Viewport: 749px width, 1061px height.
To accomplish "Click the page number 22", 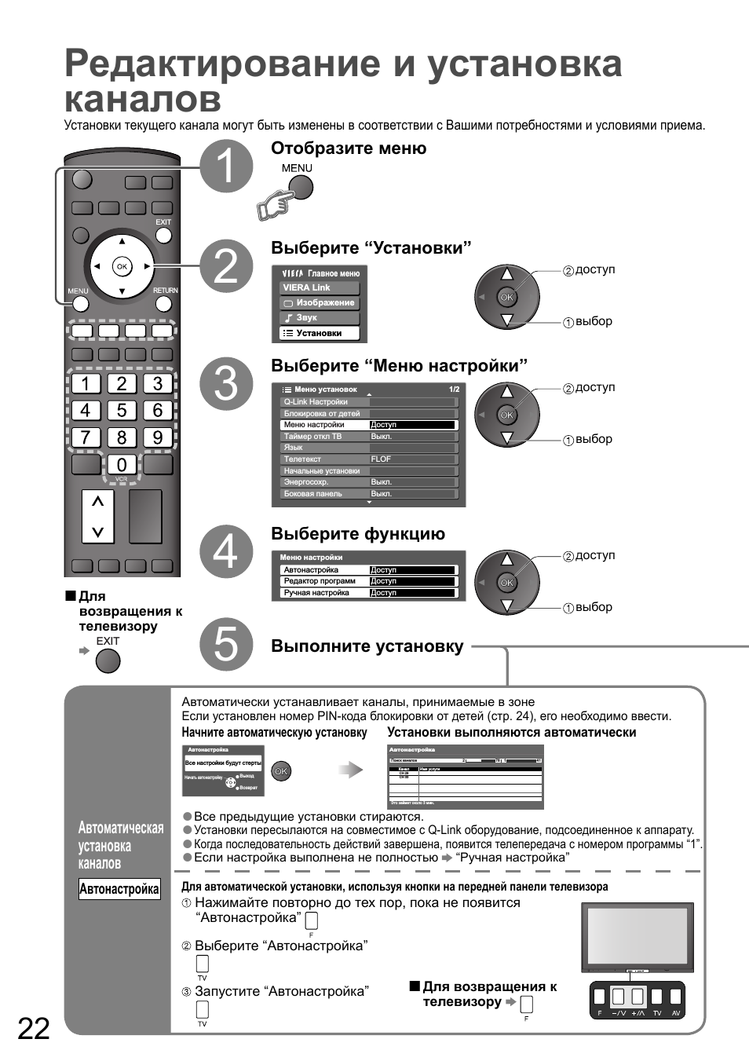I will coord(34,1028).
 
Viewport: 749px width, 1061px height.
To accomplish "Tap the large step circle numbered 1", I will coord(226,166).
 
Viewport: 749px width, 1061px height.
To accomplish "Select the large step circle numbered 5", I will coord(226,644).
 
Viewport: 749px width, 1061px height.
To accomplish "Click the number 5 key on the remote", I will coord(122,411).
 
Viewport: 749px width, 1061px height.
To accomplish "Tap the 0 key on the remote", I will coord(122,465).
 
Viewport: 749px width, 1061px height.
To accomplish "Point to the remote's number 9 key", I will coord(158,437).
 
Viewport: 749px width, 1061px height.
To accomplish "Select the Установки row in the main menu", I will coord(320,333).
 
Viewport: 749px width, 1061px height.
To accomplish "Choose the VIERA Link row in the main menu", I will coord(320,287).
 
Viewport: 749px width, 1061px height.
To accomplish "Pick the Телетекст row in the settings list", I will coord(324,459).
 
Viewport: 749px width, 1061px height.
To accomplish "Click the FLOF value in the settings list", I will coord(382,459).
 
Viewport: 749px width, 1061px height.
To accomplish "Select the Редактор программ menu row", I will coord(324,581).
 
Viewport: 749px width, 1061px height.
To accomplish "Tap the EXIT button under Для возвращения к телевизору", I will coord(108,661).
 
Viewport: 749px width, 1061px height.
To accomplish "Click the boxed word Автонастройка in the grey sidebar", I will coord(119,889).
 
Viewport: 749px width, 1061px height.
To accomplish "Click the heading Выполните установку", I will coord(367,646).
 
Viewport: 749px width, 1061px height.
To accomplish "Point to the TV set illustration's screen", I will coord(637,935).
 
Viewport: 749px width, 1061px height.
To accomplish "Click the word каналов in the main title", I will coord(143,100).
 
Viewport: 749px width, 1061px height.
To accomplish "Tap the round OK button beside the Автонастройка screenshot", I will coord(281,771).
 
